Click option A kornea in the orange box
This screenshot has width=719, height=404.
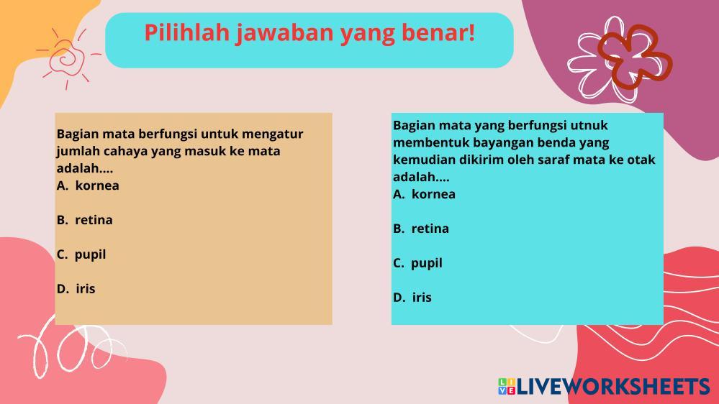[88, 185]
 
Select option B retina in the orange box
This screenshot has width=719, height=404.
[85, 220]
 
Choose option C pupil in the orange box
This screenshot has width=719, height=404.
[81, 254]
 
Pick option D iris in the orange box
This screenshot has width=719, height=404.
[76, 288]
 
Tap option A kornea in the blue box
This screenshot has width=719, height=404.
[424, 194]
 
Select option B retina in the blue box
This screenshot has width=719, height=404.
[421, 229]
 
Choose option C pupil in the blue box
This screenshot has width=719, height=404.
[417, 263]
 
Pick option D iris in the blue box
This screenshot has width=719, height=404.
[412, 298]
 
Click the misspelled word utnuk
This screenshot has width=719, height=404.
[589, 126]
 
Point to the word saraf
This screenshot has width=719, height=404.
[553, 160]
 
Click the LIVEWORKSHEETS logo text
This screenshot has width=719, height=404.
[613, 387]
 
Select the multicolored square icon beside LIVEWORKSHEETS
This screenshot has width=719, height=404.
[507, 387]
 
